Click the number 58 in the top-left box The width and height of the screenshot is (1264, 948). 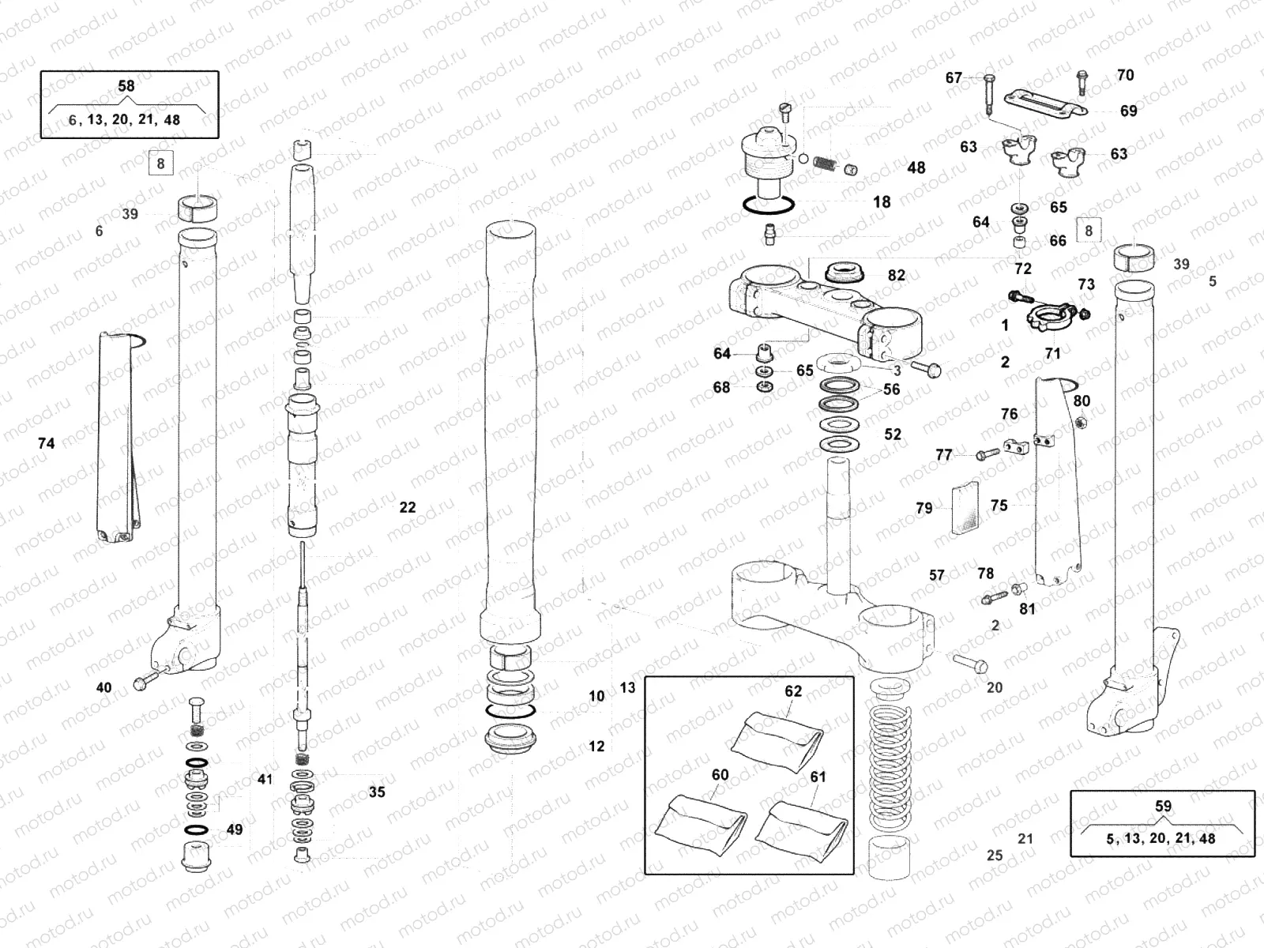[x=126, y=86]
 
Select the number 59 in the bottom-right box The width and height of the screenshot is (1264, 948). [x=1164, y=807]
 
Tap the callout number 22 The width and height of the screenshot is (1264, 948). [x=408, y=508]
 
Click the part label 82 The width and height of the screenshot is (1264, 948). [x=897, y=276]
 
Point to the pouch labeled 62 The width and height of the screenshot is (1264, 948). [x=777, y=739]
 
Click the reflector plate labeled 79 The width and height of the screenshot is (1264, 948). [x=965, y=508]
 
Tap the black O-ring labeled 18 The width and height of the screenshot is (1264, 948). [x=768, y=206]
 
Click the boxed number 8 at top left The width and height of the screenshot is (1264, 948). [x=161, y=164]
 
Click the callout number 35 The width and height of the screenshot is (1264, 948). [x=378, y=792]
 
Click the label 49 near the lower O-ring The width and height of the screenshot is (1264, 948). [x=235, y=830]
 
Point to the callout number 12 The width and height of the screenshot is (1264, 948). [x=596, y=747]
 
